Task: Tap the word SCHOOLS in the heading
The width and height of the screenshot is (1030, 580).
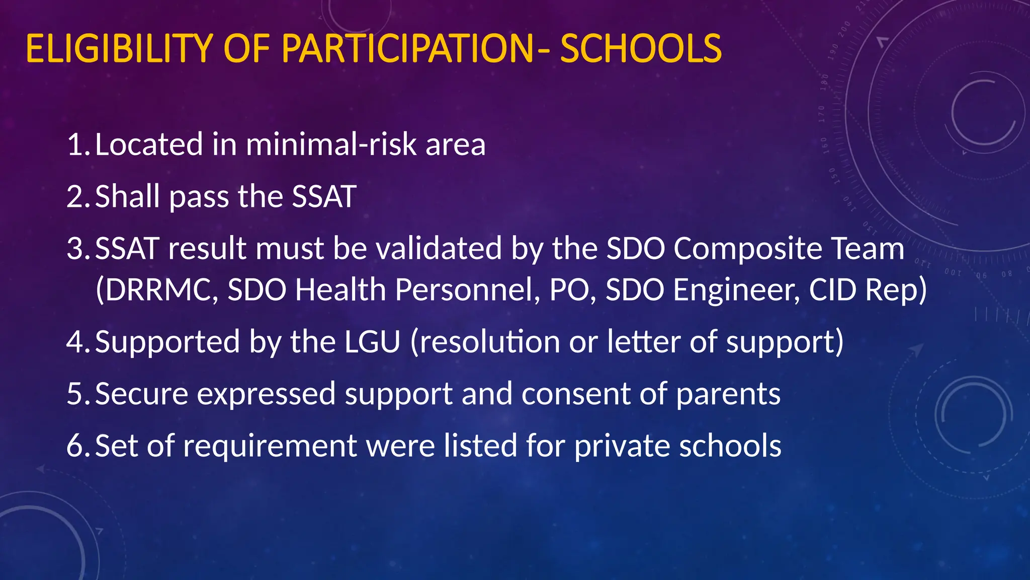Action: pos(641,49)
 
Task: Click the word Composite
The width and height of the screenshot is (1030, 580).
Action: pos(747,249)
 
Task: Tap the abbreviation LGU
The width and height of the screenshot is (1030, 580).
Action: pos(372,342)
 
